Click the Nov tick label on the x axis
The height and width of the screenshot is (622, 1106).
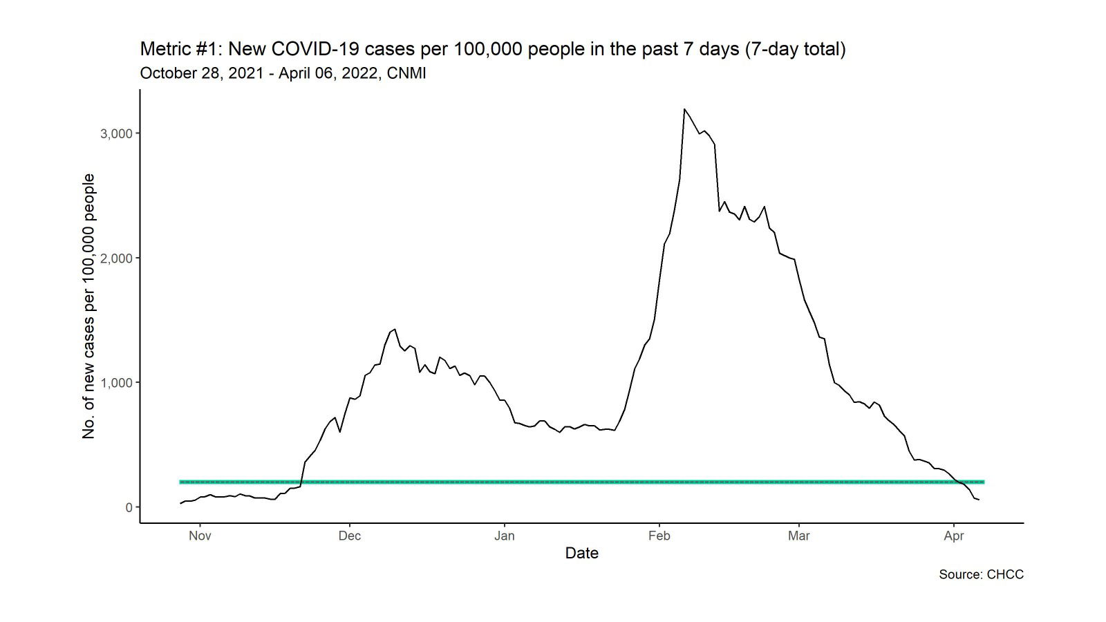click(x=200, y=536)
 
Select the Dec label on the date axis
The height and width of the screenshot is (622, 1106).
click(x=350, y=536)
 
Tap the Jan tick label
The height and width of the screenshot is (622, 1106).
click(x=505, y=536)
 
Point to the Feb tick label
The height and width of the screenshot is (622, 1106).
click(x=659, y=536)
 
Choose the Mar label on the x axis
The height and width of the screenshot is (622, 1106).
click(x=799, y=536)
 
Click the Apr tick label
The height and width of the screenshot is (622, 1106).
click(x=954, y=536)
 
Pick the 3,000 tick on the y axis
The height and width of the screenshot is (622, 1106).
click(x=116, y=133)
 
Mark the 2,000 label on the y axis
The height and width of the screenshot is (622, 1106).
click(x=116, y=258)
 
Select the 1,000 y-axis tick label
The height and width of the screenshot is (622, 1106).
click(x=116, y=383)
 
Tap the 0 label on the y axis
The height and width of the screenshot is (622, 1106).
click(x=129, y=507)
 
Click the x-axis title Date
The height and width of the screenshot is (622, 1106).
click(x=581, y=553)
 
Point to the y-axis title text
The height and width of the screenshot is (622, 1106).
click(x=88, y=306)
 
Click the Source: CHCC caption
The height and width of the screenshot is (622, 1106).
click(x=981, y=574)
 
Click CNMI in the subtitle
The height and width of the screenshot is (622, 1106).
click(x=406, y=73)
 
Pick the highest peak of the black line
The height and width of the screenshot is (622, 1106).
click(x=684, y=109)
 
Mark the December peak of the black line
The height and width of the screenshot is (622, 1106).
click(x=394, y=329)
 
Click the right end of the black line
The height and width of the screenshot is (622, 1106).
click(x=978, y=500)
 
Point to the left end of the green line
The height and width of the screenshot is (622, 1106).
click(x=180, y=482)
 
